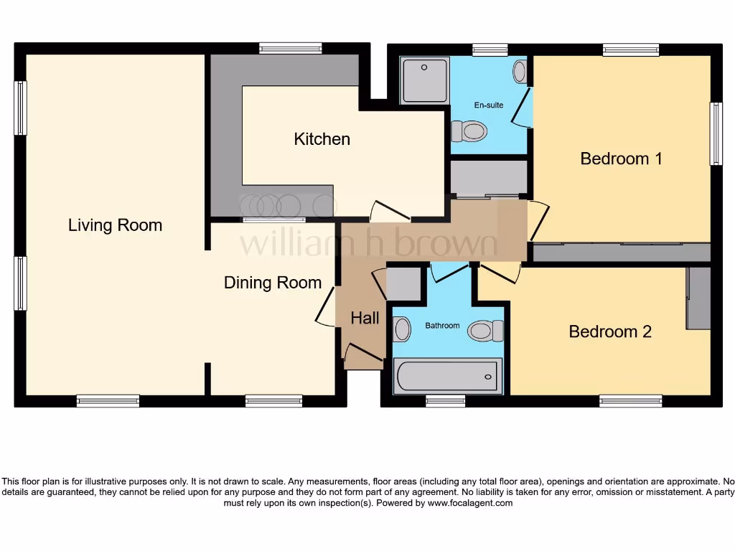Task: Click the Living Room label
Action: pyautogui.click(x=115, y=225)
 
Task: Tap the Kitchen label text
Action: pyautogui.click(x=322, y=139)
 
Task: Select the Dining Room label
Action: pyautogui.click(x=273, y=283)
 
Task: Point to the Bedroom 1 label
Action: pyautogui.click(x=621, y=159)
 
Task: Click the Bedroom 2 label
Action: pyautogui.click(x=610, y=331)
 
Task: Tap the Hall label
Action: pyautogui.click(x=365, y=318)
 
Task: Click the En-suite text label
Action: pyautogui.click(x=489, y=105)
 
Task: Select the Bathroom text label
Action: pyautogui.click(x=442, y=326)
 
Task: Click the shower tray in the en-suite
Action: pyautogui.click(x=424, y=80)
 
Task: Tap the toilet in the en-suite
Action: pyautogui.click(x=469, y=131)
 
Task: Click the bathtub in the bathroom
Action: pyautogui.click(x=446, y=376)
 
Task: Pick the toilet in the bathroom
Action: pyautogui.click(x=486, y=331)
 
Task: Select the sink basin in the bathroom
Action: pyautogui.click(x=402, y=329)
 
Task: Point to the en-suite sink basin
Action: pyautogui.click(x=520, y=71)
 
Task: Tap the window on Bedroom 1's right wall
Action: pyautogui.click(x=716, y=133)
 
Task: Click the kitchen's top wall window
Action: pyautogui.click(x=290, y=49)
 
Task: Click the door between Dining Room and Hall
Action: pyautogui.click(x=325, y=307)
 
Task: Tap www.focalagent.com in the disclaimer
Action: pyautogui.click(x=469, y=503)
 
